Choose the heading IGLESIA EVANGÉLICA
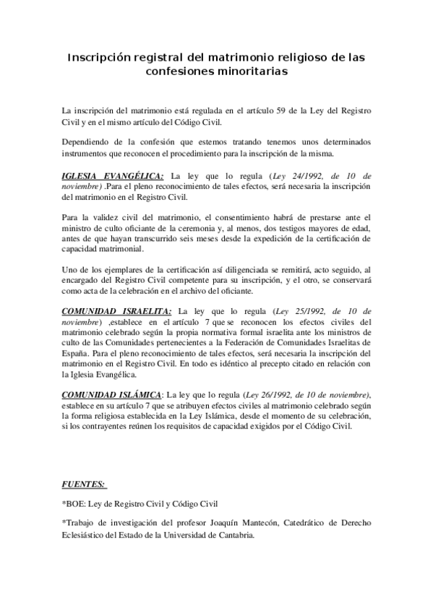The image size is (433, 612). point(113,176)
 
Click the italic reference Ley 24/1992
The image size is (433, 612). point(298,176)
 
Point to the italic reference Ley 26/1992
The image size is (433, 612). point(273,395)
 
